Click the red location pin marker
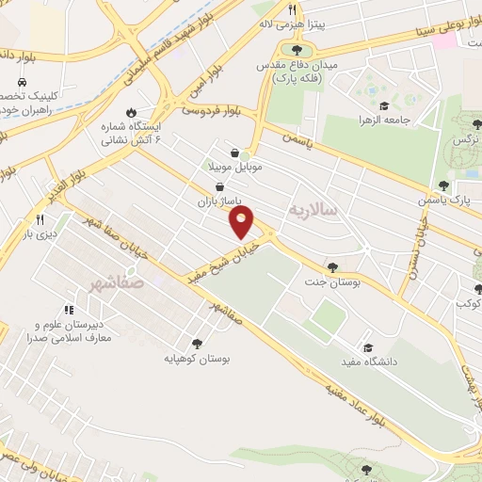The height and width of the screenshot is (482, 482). point(241,222)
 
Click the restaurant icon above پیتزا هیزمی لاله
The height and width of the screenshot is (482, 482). point(292,9)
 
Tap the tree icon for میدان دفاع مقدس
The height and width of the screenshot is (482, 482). point(297,50)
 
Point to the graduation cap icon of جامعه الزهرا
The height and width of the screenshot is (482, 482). point(384,105)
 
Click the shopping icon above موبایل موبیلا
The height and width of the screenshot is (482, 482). point(234,153)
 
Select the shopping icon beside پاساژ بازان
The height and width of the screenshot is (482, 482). point(219,186)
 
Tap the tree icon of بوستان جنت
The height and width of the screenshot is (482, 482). point(332,266)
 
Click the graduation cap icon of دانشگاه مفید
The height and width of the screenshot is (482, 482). point(368,347)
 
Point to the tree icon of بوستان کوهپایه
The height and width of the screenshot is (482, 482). point(197,344)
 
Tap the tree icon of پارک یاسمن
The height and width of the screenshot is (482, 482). point(443,185)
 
